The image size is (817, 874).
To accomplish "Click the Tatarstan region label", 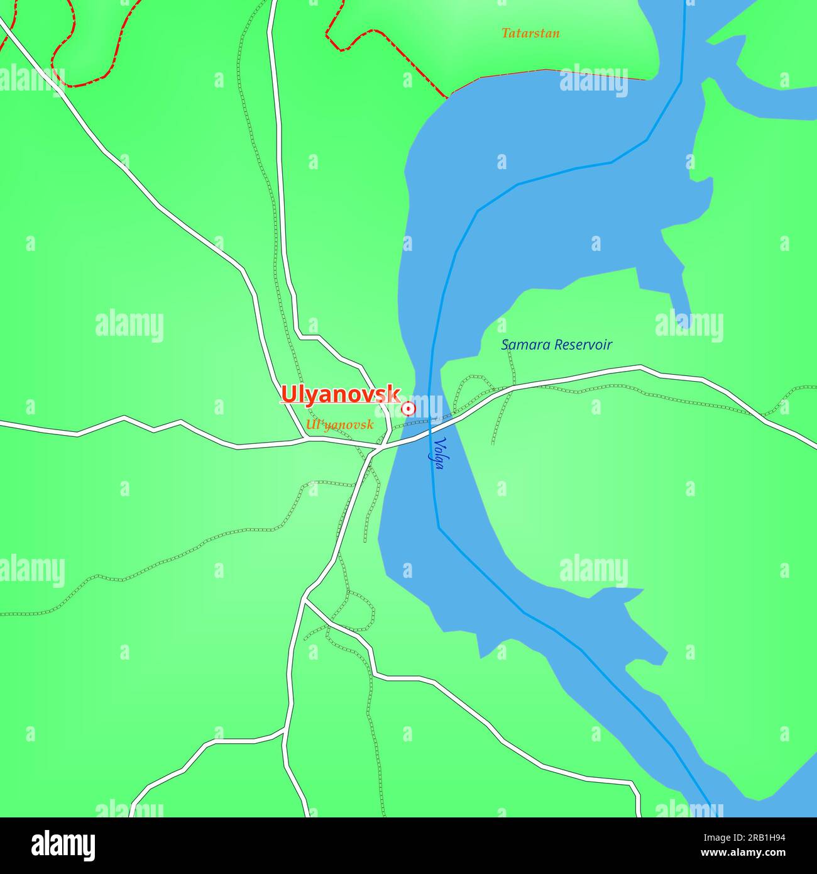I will click(x=530, y=33).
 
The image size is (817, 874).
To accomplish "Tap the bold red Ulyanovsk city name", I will click(x=340, y=394).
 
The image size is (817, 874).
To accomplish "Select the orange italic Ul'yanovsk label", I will click(x=339, y=425).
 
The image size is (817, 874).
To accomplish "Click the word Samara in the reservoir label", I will click(x=526, y=345).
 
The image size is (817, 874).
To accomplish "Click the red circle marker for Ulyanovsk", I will click(x=409, y=409).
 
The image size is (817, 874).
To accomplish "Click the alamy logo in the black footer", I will click(x=63, y=845).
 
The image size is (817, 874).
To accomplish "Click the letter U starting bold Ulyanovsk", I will click(x=289, y=394).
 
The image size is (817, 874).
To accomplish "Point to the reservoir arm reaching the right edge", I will click(x=779, y=101).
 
